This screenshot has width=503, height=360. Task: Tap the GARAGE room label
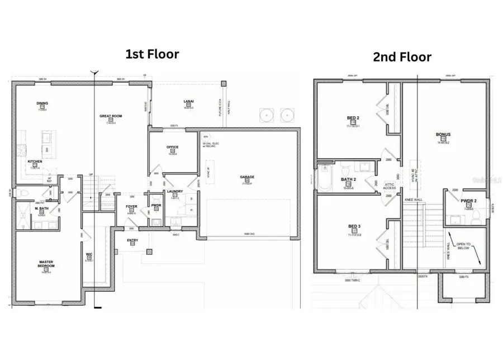tap(247, 177)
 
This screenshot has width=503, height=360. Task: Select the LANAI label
tap(188, 101)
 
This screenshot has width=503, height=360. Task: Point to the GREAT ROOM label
tap(111, 116)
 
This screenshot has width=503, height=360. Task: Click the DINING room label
tap(42, 103)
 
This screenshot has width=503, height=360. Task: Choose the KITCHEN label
tap(35, 162)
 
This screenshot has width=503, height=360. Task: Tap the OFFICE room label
tap(172, 147)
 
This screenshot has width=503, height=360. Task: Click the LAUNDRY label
tap(174, 192)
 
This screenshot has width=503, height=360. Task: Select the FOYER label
tap(131, 206)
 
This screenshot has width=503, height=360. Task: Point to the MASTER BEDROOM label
tap(46, 263)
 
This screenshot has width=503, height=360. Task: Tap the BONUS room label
tap(443, 135)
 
